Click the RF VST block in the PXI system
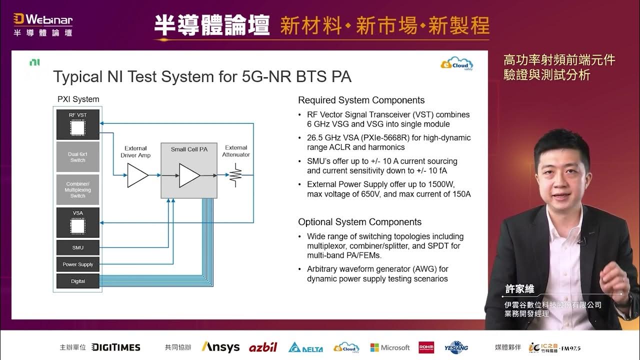77,124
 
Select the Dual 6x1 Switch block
77,157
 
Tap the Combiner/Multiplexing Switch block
77,190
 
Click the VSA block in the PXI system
77,222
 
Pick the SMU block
77,247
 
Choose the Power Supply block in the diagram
77,264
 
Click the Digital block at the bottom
77,281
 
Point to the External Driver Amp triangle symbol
137,176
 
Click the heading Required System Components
361,100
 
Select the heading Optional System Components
359,222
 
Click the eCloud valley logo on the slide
456,64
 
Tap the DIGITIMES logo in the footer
116,347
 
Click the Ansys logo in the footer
220,347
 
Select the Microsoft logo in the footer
389,347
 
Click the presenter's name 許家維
519,289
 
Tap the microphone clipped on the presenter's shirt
582,241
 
